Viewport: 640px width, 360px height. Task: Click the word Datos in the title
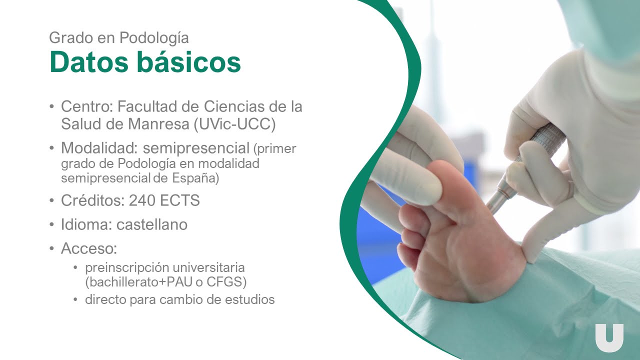tap(89, 62)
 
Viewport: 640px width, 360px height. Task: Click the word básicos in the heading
tap(189, 61)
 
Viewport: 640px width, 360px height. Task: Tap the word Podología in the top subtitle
tap(154, 38)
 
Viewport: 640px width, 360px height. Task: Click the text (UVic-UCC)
tap(235, 124)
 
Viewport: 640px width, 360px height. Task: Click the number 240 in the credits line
tap(142, 200)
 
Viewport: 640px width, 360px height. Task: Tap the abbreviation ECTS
tap(179, 200)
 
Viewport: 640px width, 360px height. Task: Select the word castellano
tap(152, 224)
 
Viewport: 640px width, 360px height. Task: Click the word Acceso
tap(89, 248)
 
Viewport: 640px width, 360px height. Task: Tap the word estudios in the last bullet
tap(250, 299)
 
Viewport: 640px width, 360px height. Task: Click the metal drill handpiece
tap(525, 168)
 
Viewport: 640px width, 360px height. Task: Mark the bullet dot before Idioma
tap(51, 224)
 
